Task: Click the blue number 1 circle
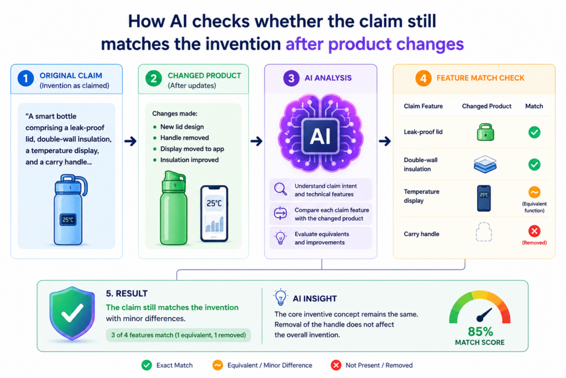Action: click(25, 79)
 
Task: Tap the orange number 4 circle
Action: click(423, 78)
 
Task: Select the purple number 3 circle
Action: click(291, 78)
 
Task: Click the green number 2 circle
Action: click(154, 79)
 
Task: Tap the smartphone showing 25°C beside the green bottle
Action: click(214, 213)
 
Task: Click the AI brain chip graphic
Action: click(321, 133)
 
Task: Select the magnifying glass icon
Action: click(280, 189)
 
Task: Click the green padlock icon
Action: click(485, 132)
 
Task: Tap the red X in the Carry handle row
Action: click(534, 231)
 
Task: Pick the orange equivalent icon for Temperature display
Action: click(534, 192)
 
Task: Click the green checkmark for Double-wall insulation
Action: click(534, 164)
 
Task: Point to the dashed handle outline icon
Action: click(484, 232)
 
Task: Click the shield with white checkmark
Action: click(72, 313)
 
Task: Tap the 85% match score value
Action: click(480, 332)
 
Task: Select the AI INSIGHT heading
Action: click(315, 298)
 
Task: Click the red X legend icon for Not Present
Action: click(336, 365)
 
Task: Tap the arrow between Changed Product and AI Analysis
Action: click(256, 141)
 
